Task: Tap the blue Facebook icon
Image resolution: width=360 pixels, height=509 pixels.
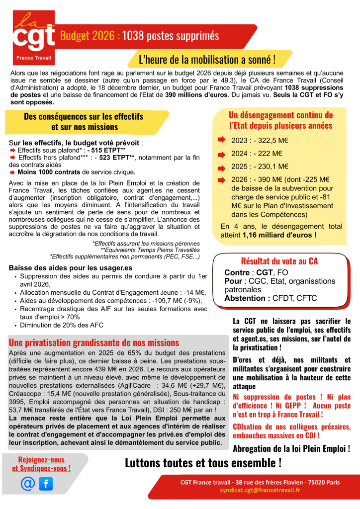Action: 46,483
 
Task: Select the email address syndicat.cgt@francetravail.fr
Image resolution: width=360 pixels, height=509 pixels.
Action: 260,490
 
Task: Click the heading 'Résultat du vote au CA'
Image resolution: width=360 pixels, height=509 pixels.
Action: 279,261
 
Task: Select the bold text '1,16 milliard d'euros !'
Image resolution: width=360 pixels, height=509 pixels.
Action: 279,235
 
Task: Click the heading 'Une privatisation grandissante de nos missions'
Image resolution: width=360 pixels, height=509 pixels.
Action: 94,342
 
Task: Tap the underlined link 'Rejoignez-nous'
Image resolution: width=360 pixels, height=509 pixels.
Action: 41,460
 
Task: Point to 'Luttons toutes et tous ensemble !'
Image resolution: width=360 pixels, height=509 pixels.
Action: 203,463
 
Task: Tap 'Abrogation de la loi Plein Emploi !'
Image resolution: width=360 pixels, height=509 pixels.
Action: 291,449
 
